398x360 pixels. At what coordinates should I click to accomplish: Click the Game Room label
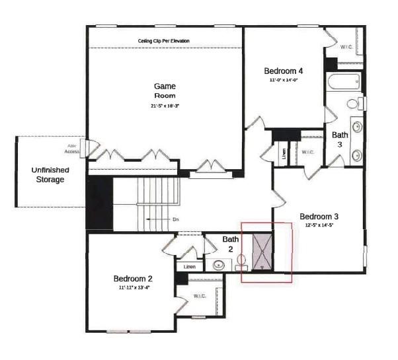(165, 90)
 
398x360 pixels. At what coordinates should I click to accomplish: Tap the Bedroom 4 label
(283, 71)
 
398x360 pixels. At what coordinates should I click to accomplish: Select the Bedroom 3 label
(319, 216)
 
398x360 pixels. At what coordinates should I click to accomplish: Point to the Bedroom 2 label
(132, 278)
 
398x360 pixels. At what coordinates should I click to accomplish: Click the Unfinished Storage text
(50, 174)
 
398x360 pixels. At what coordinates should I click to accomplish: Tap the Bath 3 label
(340, 139)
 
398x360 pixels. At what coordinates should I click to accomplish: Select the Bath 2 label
(230, 244)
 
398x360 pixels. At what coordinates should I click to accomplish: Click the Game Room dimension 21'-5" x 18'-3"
(165, 106)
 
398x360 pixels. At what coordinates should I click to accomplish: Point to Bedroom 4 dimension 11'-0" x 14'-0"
(284, 80)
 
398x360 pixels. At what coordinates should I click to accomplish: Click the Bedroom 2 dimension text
(133, 287)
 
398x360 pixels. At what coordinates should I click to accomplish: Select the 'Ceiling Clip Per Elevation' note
(163, 41)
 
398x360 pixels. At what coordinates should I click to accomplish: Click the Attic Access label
(73, 148)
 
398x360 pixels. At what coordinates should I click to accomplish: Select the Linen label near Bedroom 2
(190, 266)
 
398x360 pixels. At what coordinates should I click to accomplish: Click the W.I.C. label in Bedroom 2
(200, 296)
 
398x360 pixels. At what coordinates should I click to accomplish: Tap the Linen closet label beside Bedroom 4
(284, 153)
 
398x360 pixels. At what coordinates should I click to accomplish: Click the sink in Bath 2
(219, 265)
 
